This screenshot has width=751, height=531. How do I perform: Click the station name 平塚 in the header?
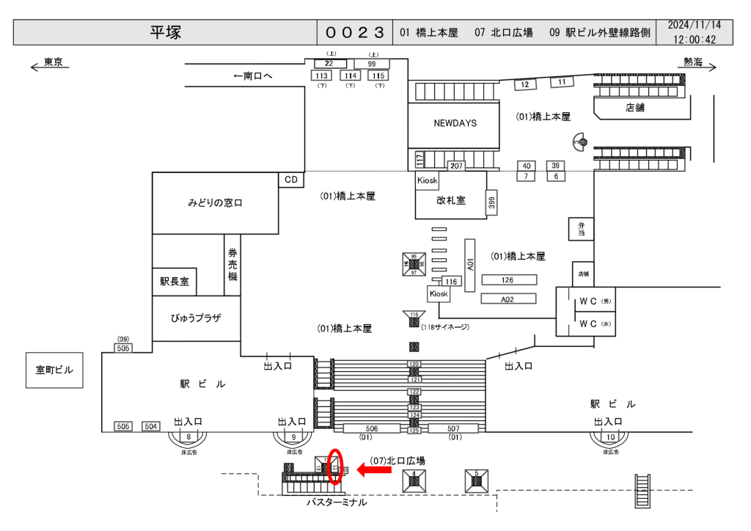click(166, 32)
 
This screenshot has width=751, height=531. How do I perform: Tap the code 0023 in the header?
click(355, 32)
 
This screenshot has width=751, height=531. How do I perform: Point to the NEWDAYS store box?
click(455, 123)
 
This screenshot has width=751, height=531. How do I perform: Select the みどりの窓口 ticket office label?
click(215, 203)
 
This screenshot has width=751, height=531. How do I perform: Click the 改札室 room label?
click(450, 200)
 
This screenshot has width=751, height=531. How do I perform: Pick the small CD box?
click(291, 180)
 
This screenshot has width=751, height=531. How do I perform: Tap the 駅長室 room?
click(175, 282)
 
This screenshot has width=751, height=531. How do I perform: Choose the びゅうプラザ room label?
click(196, 318)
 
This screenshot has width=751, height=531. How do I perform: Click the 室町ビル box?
click(54, 370)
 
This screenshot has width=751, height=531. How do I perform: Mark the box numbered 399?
click(491, 202)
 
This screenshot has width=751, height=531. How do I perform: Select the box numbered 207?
click(456, 166)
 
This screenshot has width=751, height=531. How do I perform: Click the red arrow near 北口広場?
click(374, 471)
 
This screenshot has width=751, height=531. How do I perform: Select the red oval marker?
click(335, 466)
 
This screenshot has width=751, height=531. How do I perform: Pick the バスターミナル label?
click(337, 503)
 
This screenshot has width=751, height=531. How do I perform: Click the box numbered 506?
click(372, 428)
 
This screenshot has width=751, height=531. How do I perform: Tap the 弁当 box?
click(581, 229)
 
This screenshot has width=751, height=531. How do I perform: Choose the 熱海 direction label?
click(692, 62)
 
